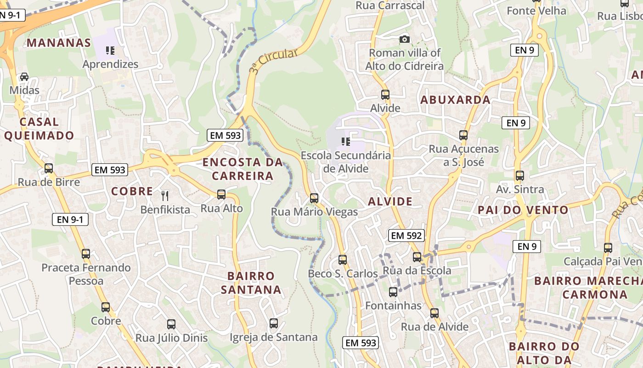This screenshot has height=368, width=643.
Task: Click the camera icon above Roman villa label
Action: coord(404,40)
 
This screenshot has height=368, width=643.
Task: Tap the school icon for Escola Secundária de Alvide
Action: coord(345,142)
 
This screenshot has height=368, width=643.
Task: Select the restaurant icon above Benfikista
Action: coord(165,196)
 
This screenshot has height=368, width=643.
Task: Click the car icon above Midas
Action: coord(24,77)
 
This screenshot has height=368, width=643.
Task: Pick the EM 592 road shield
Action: coord(406,236)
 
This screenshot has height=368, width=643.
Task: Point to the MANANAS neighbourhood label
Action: coord(59,43)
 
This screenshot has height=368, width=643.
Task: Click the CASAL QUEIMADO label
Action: coord(39,128)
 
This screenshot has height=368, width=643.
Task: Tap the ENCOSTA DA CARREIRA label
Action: coord(243,169)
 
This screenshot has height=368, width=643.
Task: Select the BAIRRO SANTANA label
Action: coord(251,283)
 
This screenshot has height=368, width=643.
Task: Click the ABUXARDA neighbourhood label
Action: coord(455,99)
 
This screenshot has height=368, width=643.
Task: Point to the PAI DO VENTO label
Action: coord(523,210)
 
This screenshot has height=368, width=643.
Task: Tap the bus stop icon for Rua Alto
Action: coord(221,195)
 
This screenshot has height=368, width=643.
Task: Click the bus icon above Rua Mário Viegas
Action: coord(314,198)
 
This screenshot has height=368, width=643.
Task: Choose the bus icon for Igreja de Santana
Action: coord(274,323)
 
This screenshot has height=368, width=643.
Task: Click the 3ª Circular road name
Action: coord(274,61)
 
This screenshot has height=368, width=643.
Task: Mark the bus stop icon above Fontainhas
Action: coord(393,292)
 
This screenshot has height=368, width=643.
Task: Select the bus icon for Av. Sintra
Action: coord(520,176)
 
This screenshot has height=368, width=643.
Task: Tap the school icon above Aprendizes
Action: coord(110,51)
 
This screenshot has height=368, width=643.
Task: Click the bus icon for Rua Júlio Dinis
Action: coord(171,324)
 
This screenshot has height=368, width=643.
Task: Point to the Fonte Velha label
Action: coord(536,11)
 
